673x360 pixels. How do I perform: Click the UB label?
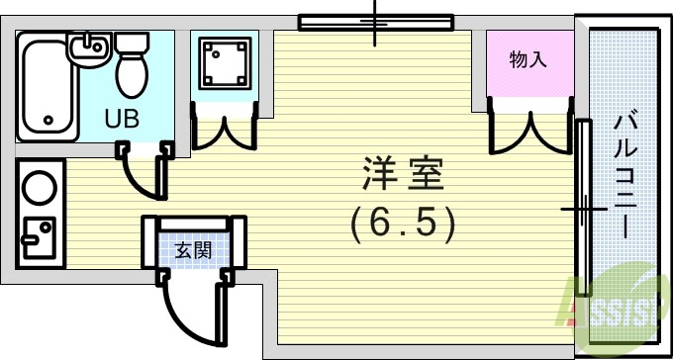click(123, 118)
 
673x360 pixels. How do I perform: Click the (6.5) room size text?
click(403, 225)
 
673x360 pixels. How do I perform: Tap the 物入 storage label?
click(528, 60)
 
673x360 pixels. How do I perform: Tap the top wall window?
click(375, 21)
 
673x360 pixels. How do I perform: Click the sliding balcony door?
click(583, 209)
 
